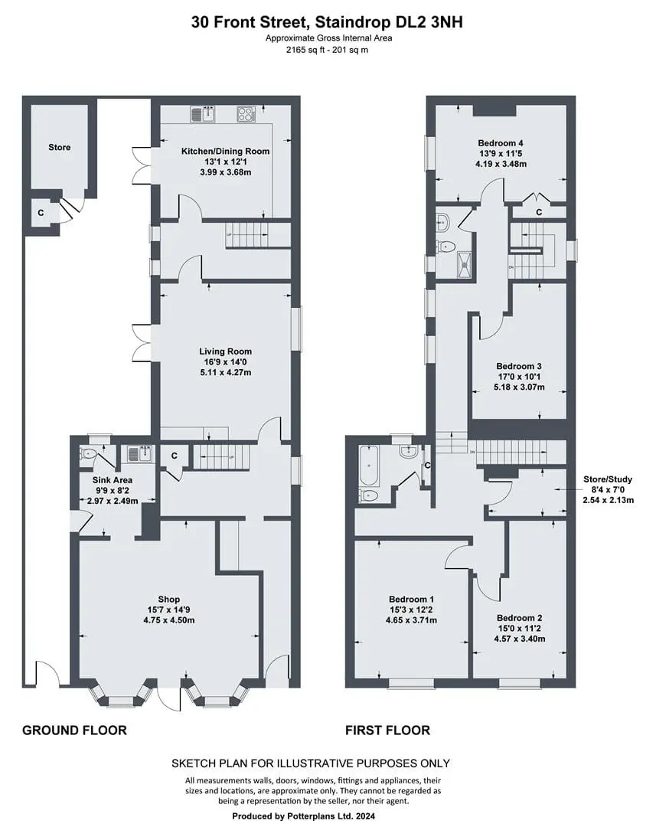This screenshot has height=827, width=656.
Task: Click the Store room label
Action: (59, 147)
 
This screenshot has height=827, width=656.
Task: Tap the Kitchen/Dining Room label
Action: (225, 152)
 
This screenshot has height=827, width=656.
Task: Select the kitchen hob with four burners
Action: (246, 114)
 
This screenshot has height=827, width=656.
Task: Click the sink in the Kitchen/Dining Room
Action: (203, 114)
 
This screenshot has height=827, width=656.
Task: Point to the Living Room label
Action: (225, 351)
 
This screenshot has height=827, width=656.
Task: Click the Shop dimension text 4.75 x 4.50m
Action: (168, 620)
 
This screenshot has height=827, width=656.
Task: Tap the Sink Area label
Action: (113, 480)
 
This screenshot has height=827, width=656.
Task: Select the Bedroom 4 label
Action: (501, 143)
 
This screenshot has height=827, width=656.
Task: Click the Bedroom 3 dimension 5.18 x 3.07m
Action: (519, 387)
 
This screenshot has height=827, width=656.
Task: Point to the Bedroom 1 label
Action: (411, 599)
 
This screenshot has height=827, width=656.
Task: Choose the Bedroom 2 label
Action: (520, 618)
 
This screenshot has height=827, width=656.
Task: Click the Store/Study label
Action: (608, 479)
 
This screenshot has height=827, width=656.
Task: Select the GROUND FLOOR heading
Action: (74, 731)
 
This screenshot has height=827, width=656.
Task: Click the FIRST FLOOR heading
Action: (387, 731)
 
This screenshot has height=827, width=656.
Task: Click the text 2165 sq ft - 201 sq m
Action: (327, 50)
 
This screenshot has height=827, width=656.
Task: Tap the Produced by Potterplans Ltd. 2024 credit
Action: (304, 816)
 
